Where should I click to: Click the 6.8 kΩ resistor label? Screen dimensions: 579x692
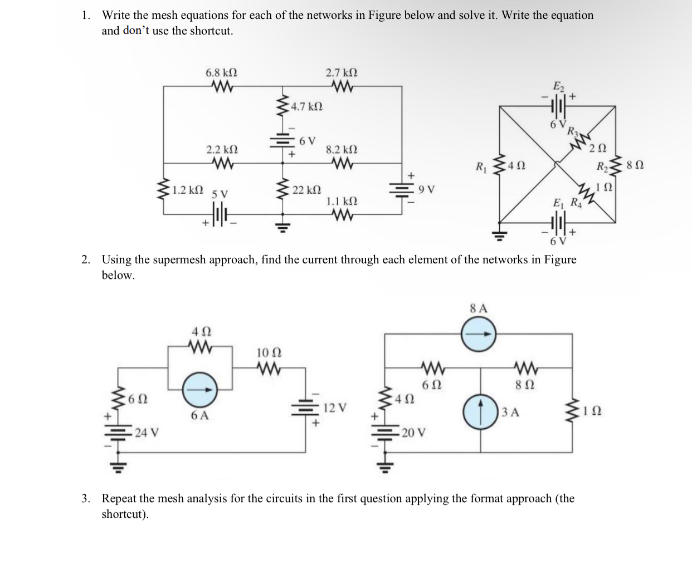coord(221,73)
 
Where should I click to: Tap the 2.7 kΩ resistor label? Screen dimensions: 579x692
coord(342,73)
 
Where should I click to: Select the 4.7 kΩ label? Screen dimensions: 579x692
coord(307,106)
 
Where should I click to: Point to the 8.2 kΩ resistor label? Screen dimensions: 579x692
coord(342,150)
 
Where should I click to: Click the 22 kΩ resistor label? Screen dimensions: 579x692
coord(306,190)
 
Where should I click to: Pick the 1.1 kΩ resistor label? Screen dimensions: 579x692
coord(342,201)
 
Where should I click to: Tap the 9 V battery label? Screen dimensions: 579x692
coord(426,190)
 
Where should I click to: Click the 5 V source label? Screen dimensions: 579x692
coord(220,194)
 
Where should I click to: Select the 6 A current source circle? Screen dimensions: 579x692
coord(200,389)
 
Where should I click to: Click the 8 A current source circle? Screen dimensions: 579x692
coord(479,334)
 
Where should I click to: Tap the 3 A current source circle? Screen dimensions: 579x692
coord(480,412)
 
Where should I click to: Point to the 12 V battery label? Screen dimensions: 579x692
coord(335,408)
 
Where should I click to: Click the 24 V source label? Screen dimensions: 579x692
coord(147,433)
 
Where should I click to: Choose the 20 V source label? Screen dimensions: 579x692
coord(413,433)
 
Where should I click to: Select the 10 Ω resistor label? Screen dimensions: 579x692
coord(269,352)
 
